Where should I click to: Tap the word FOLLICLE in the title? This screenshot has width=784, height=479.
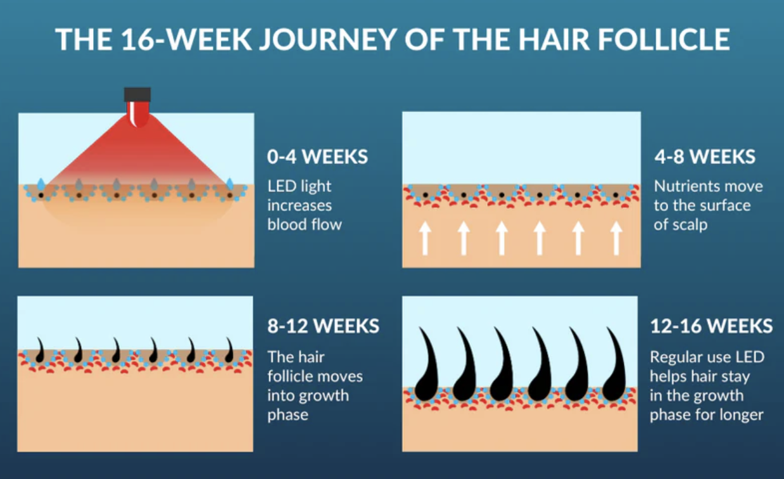coord(664,39)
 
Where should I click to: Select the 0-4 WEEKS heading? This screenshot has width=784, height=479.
coord(317,156)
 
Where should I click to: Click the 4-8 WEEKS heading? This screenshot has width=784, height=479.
coord(705,156)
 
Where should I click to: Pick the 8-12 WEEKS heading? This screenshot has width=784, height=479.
coord(324,326)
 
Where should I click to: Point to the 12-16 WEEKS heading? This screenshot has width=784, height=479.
coord(711,326)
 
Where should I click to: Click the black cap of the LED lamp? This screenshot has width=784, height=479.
coord(137,94)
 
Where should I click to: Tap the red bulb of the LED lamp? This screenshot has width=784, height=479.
coord(138,113)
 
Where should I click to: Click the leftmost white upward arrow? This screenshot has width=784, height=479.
coord(426,238)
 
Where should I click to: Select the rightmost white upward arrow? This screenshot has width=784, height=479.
coord(616,238)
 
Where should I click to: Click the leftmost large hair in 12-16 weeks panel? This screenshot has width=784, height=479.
coord(426,366)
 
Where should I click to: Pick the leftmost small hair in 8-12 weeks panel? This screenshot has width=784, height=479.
coord(41,351)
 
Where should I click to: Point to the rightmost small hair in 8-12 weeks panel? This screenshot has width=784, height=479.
coord(230,351)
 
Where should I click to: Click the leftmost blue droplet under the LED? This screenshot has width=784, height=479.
coord(41,184)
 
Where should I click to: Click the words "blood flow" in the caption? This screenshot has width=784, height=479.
coord(305,224)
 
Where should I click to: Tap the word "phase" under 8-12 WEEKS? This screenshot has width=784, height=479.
coord(288,415)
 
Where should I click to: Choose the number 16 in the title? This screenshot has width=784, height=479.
coord(138,39)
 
